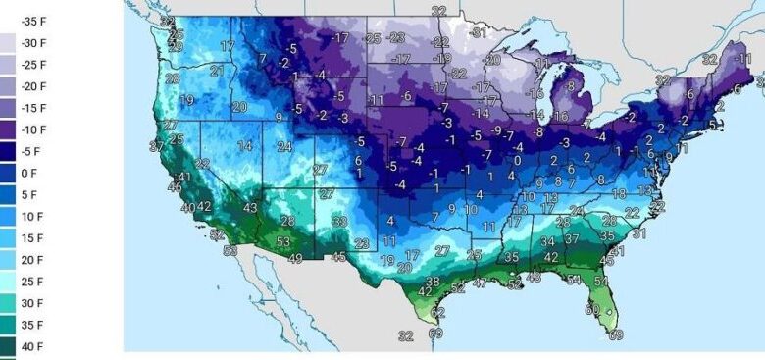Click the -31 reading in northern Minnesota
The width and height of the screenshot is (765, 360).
tap(478, 32)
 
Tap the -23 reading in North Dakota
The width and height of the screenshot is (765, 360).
tap(396, 38)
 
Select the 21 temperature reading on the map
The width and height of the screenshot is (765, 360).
tap(217, 71)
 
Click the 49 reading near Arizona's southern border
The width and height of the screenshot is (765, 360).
tap(293, 258)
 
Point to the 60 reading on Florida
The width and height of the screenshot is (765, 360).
tap(591, 310)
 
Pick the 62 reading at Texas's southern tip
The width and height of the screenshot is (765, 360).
tap(437, 312)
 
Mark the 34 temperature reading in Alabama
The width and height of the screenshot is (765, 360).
tap(548, 241)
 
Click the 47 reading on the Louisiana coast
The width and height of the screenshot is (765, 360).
tap(480, 283)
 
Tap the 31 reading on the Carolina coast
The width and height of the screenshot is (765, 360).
tap(638, 234)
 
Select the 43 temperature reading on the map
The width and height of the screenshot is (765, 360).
tap(250, 208)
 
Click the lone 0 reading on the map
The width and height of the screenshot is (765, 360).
tap(517, 160)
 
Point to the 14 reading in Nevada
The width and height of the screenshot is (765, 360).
tap(244, 146)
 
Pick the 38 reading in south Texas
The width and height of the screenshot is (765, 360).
tap(432, 282)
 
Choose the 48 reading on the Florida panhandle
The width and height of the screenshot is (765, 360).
tap(535, 278)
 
